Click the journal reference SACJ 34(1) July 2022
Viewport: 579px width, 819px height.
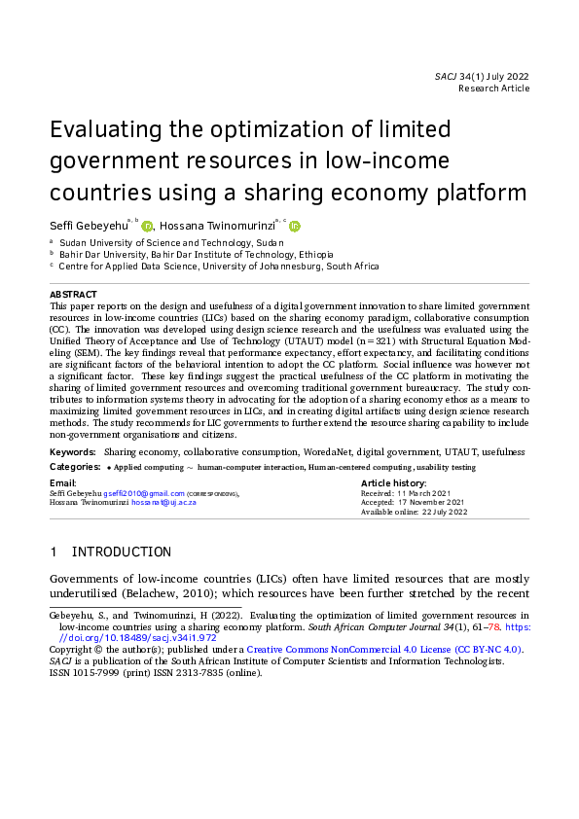pos(482,75)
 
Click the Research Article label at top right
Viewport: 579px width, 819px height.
pos(493,89)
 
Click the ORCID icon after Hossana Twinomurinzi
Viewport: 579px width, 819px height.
pos(295,226)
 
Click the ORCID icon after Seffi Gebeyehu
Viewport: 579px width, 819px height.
pos(148,226)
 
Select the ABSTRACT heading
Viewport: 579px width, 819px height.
pos(73,294)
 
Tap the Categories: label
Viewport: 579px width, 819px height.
pos(75,467)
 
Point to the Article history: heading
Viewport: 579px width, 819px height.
pos(393,482)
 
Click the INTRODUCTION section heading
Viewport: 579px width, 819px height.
pos(122,552)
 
